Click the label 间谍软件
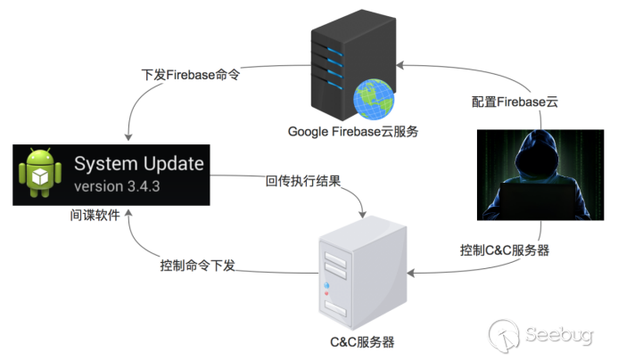[x=95, y=215]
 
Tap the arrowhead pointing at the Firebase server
[x=402, y=63]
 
